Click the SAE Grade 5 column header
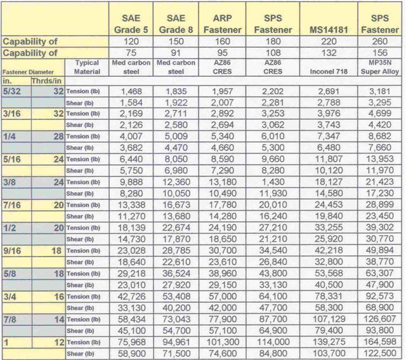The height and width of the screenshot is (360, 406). coord(130,23)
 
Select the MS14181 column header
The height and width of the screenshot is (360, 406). coord(332,29)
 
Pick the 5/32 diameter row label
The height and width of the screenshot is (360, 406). coord(13,91)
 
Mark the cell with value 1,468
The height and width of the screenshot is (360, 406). coord(130,92)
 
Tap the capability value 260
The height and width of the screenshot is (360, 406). coord(381,42)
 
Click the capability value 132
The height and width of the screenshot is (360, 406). coord(332,54)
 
